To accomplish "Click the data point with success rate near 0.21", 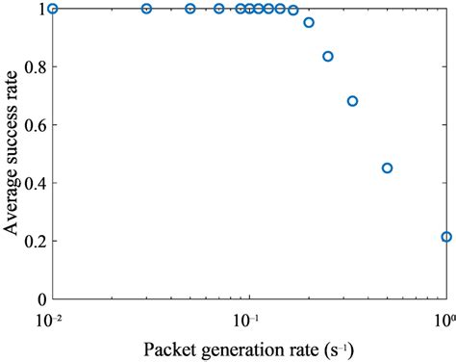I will [446, 237].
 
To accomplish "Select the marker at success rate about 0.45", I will [388, 168].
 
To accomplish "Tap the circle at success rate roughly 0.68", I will [352, 101].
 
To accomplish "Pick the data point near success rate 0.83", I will [328, 57].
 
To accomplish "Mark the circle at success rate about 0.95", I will [309, 22].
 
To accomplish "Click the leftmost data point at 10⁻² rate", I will [53, 9].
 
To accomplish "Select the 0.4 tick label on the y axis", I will [34, 183].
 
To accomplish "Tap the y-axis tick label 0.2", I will [34, 242].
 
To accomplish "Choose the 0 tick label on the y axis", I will [41, 299].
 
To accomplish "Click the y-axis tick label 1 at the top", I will [41, 9].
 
